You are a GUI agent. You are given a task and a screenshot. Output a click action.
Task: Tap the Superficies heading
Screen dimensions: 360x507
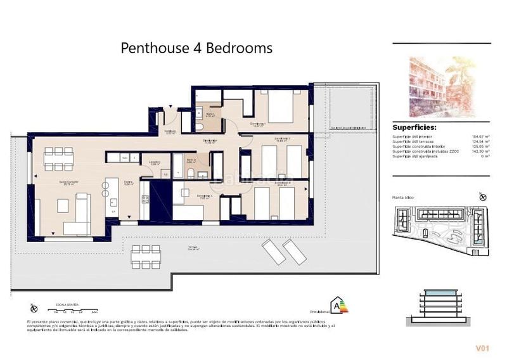[x=414, y=127]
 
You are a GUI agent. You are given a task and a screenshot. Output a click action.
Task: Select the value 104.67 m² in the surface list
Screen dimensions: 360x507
[x=481, y=136]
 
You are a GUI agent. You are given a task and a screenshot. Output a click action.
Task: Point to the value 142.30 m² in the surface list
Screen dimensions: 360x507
[x=481, y=151]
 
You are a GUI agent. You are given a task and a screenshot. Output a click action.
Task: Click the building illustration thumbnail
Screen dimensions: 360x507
[x=441, y=87]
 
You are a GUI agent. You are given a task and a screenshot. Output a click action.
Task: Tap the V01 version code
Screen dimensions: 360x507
[x=484, y=348]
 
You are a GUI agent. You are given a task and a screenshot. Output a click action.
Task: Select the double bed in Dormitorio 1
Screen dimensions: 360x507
[x=287, y=108]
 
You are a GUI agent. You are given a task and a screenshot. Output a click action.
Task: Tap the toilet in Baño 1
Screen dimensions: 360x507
[x=199, y=127]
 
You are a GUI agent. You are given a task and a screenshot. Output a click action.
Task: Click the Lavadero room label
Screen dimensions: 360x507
[x=154, y=162]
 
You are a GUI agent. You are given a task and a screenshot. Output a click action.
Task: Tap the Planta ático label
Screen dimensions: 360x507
[x=403, y=198]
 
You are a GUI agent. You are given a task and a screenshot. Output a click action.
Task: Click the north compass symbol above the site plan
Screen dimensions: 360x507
[x=484, y=198]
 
